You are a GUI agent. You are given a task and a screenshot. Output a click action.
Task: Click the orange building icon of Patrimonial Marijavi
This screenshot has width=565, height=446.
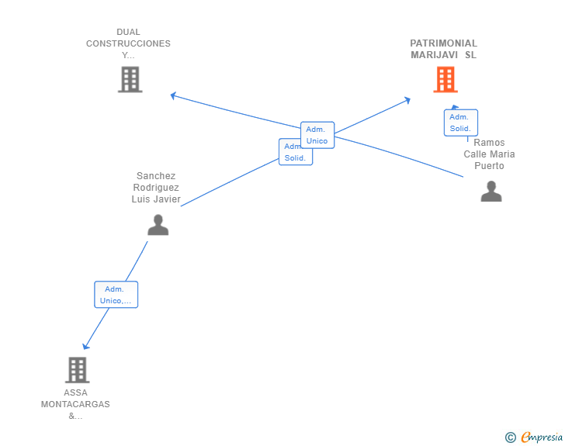(445, 79)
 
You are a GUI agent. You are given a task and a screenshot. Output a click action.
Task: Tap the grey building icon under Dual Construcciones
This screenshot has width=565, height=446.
(130, 79)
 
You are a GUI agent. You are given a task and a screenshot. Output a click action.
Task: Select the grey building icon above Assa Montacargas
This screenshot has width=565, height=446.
(77, 370)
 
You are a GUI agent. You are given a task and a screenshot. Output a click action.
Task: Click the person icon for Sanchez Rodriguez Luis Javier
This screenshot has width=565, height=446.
(158, 225)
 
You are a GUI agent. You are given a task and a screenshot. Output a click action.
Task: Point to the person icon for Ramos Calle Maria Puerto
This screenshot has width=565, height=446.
(491, 191)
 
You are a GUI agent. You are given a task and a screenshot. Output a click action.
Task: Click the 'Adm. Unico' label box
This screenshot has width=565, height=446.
(317, 135)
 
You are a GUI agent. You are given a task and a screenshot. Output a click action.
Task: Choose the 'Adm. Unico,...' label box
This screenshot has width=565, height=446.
(116, 295)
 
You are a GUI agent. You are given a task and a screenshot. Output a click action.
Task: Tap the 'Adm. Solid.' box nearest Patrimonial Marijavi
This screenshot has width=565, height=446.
(460, 123)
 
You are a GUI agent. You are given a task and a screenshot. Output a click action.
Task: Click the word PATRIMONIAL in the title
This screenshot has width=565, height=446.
(443, 43)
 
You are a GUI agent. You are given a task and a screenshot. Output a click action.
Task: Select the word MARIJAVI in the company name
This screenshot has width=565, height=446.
(433, 55)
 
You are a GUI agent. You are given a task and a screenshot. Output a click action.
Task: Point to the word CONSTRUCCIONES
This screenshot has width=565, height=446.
(128, 43)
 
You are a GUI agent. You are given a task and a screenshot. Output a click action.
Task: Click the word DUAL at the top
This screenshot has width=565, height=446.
(128, 32)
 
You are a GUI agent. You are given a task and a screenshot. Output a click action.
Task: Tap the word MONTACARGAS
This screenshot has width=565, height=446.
(75, 404)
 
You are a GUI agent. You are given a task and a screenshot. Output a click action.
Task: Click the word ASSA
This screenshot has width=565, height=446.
(75, 392)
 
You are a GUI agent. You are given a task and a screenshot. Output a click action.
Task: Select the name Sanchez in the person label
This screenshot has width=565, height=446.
(156, 176)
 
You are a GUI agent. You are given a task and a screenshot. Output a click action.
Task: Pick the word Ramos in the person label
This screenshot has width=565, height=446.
(489, 143)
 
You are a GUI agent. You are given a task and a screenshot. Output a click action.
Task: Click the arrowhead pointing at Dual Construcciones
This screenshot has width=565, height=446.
(174, 95)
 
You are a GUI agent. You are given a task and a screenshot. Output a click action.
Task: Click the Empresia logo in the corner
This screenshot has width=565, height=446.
(535, 437)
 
